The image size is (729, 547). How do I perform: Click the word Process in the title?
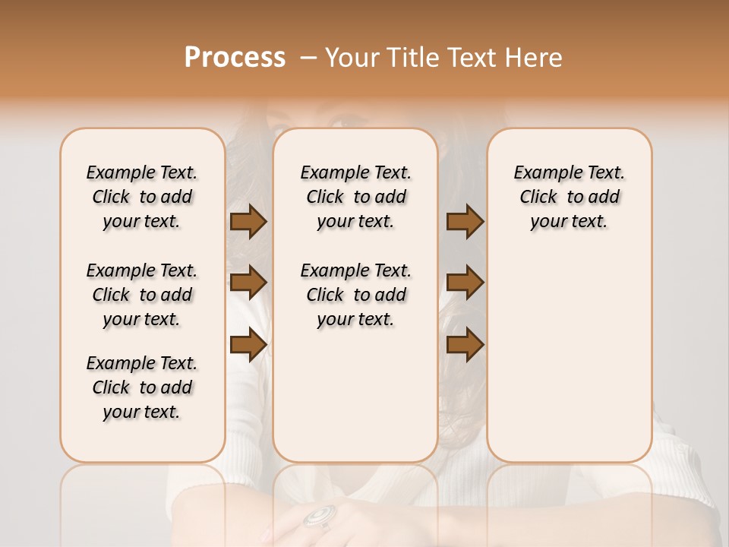235,58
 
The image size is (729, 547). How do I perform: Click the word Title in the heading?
412,58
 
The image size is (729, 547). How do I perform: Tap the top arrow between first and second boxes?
248,222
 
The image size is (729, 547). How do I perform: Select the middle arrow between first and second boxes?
248,283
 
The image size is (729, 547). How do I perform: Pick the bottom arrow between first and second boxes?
248,345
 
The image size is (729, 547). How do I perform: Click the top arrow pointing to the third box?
465,222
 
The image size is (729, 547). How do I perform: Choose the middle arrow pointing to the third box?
465,283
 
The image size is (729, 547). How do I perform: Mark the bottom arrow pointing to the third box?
465,345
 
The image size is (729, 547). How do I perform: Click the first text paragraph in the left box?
142,197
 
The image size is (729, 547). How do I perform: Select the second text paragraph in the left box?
142,295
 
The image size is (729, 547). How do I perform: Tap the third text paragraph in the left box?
142,387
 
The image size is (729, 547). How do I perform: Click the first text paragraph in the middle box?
355,197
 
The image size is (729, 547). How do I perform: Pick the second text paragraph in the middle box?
355,295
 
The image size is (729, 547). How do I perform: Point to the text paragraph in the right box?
570,197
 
